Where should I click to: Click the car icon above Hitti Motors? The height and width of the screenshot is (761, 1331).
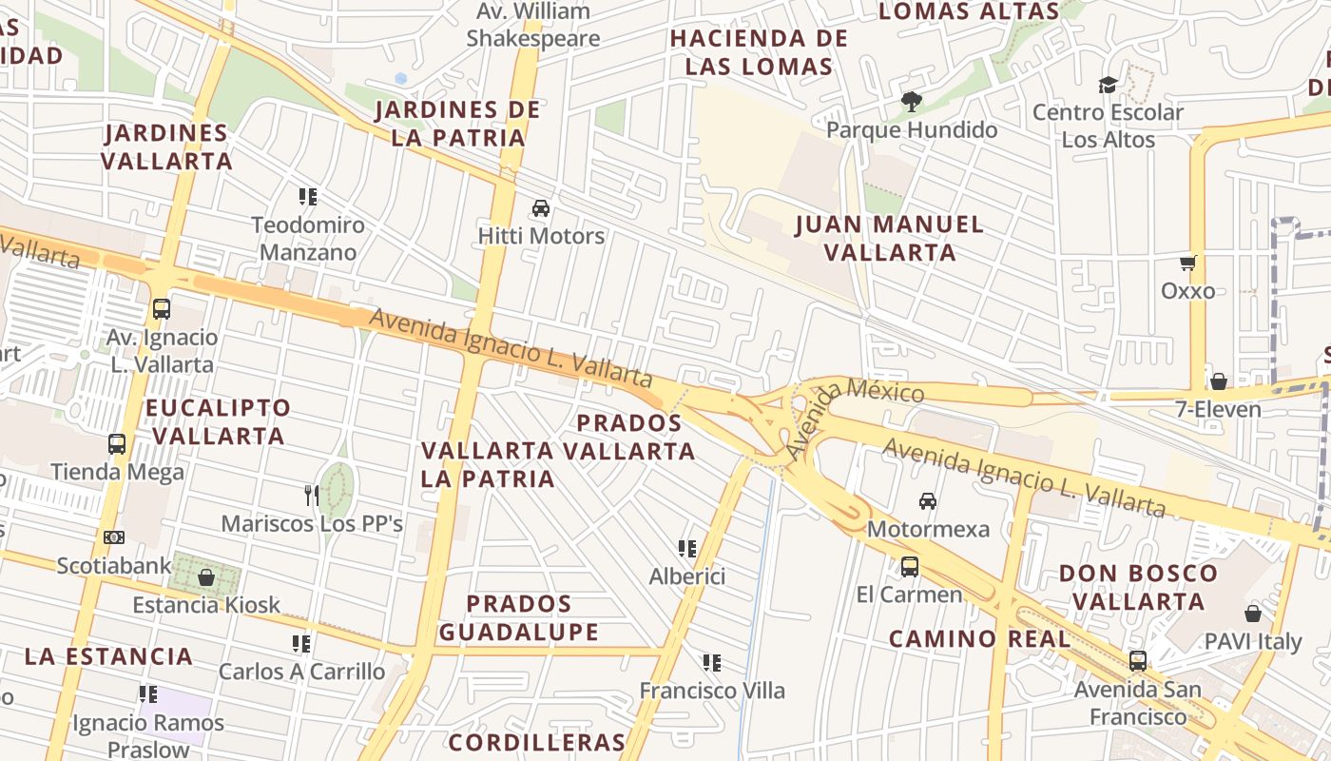[x=541, y=208]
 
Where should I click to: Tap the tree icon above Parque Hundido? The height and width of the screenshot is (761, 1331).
[x=912, y=102]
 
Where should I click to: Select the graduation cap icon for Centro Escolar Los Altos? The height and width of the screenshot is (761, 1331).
[x=1108, y=85]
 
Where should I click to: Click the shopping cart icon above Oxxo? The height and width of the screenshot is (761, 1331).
[x=1187, y=263]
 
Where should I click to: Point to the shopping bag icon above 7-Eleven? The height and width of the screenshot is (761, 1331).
[x=1218, y=381]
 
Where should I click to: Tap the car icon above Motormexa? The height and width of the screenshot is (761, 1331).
[x=928, y=500]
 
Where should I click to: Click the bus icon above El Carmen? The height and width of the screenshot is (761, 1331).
[x=910, y=567]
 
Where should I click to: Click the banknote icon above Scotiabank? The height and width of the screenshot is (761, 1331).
[x=114, y=537]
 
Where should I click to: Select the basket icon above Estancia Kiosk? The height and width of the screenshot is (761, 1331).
[x=206, y=576]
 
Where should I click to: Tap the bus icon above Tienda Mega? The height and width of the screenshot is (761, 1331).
[x=117, y=444]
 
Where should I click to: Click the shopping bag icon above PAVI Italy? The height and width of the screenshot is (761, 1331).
[x=1253, y=614]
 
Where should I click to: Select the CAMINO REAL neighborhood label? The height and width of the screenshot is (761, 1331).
[x=979, y=638]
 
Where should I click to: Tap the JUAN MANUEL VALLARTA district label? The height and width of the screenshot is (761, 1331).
[x=890, y=238]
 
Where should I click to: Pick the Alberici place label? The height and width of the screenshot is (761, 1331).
[x=687, y=576]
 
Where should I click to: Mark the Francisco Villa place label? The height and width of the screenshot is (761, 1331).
[x=712, y=690]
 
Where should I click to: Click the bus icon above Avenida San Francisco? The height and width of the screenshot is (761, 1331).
[x=1138, y=661]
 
